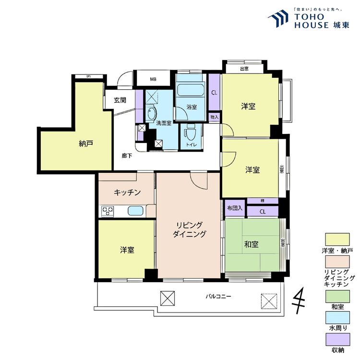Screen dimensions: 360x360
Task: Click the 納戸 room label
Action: click(x=86, y=143)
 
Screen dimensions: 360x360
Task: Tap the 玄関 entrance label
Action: click(x=120, y=100)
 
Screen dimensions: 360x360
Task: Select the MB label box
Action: click(x=153, y=79)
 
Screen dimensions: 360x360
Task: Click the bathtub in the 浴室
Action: click(x=191, y=90)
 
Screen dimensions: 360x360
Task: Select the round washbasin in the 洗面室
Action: click(x=152, y=114)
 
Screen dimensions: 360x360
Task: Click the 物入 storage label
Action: click(x=215, y=117)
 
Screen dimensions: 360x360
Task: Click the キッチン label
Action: click(x=127, y=192)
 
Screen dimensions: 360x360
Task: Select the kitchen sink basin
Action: click(x=135, y=211)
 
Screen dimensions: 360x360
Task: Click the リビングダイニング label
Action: click(x=190, y=230)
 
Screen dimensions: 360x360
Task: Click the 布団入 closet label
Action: click(x=235, y=208)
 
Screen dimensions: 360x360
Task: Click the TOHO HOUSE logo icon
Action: click(x=278, y=20)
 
